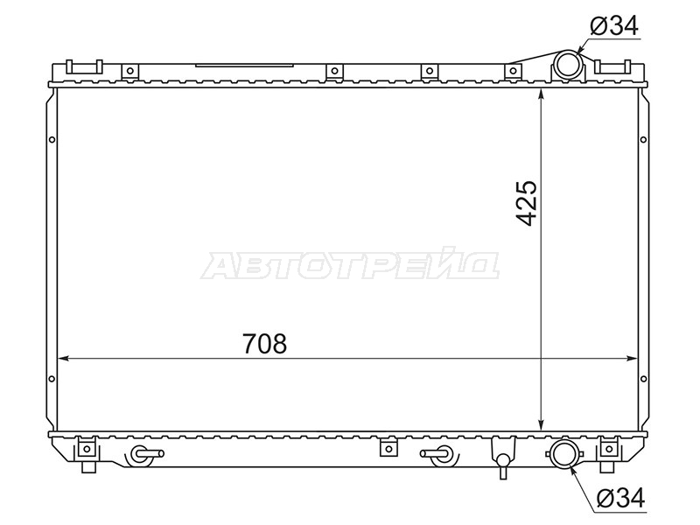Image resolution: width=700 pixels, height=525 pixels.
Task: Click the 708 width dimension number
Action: tap(265, 344)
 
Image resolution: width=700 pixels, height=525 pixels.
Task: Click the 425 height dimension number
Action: tap(526, 203)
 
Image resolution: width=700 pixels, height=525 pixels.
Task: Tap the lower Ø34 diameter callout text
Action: tap(621, 498)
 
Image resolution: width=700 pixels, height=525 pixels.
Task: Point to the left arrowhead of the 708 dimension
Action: tap(63, 358)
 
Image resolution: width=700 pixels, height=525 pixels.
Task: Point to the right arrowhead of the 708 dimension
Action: tap(632, 358)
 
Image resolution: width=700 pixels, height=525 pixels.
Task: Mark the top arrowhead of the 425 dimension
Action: tap(541, 94)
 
